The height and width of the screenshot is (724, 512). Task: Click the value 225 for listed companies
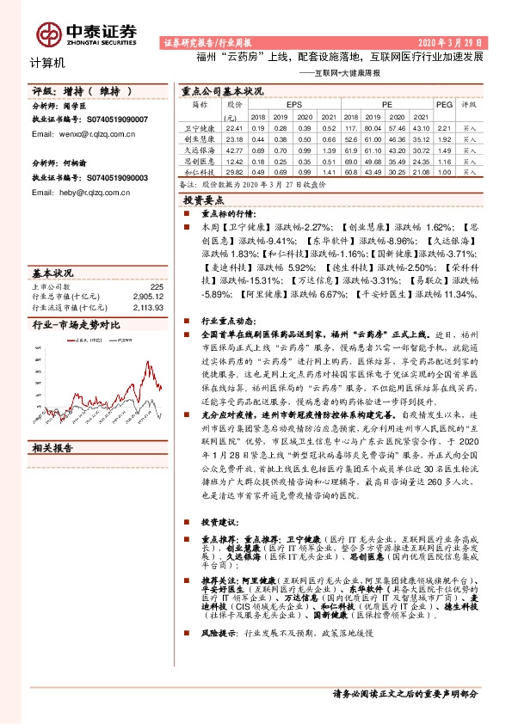tap(157, 286)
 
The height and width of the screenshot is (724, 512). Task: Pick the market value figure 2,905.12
tap(148, 296)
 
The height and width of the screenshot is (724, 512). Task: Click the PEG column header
tap(444, 103)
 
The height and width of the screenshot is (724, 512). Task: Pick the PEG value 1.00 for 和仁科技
tap(444, 171)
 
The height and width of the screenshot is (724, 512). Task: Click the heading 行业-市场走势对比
tap(76, 325)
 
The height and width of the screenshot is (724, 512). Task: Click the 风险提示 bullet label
tap(219, 633)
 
